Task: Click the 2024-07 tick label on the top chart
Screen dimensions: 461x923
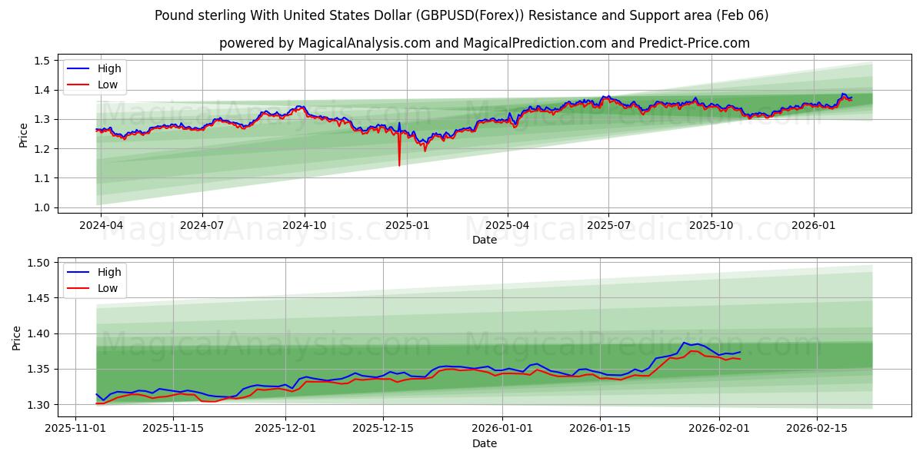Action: [x=202, y=226]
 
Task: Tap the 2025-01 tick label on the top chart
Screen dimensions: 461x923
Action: [x=406, y=226]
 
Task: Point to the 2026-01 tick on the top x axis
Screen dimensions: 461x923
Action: [x=814, y=226]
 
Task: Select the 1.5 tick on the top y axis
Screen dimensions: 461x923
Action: [x=42, y=61]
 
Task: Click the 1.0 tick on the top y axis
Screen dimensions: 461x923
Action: [x=42, y=207]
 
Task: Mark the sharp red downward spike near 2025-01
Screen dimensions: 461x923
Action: [x=399, y=164]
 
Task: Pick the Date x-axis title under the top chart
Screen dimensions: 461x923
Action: [x=485, y=240]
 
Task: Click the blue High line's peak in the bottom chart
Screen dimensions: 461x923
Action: [x=684, y=343]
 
